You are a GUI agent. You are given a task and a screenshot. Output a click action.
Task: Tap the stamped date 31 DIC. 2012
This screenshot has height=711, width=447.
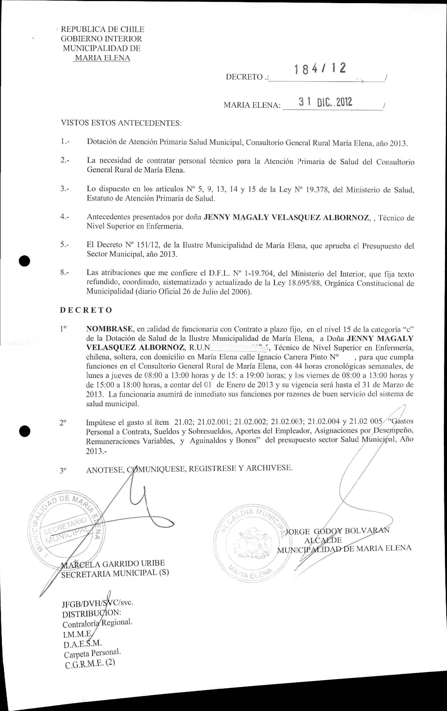pyautogui.click(x=325, y=102)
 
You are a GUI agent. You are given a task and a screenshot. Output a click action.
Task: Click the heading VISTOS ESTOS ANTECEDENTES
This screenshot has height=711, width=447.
pyautogui.click(x=121, y=123)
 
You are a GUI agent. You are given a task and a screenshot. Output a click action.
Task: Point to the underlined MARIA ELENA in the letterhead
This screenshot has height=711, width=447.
pyautogui.click(x=102, y=58)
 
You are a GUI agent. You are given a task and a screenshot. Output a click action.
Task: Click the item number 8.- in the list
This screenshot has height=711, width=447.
pyautogui.click(x=65, y=273)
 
